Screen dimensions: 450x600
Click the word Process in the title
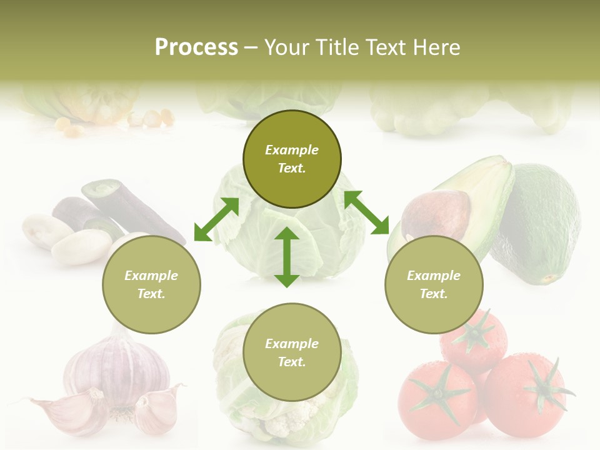(196, 47)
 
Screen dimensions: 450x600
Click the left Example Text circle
(151, 284)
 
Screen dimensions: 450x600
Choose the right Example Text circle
(434, 284)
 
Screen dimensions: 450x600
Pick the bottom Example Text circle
(292, 352)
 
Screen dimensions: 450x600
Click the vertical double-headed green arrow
(287, 257)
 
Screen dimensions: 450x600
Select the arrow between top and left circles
(216, 219)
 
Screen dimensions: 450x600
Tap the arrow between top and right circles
(366, 212)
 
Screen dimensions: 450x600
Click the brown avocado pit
(435, 215)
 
